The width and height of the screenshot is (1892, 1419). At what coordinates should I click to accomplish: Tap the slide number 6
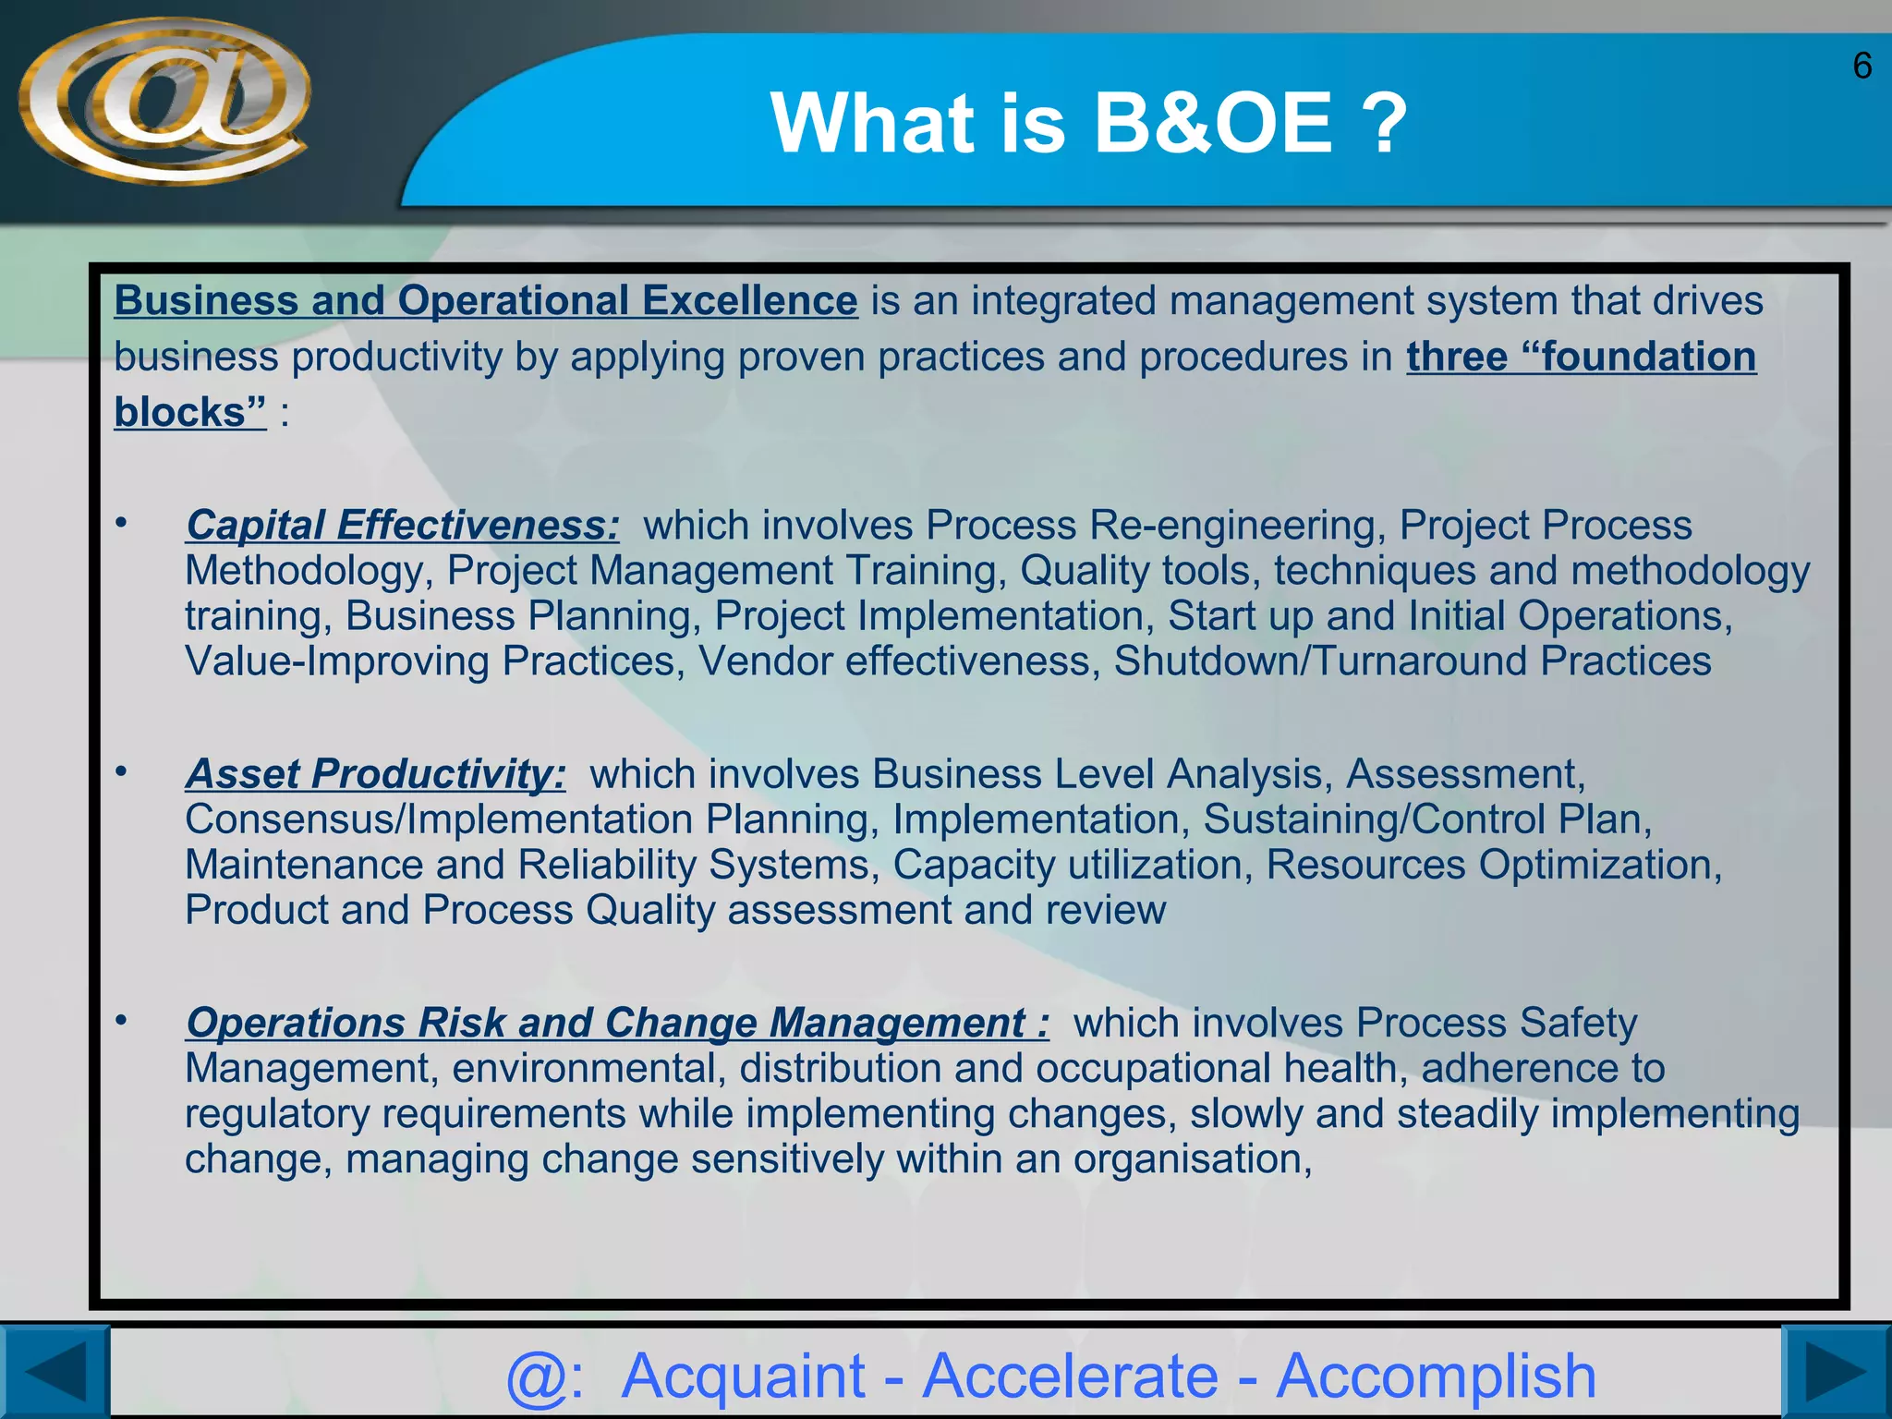pyautogui.click(x=1862, y=67)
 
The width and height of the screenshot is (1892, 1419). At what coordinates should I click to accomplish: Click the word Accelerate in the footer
pyautogui.click(x=1071, y=1376)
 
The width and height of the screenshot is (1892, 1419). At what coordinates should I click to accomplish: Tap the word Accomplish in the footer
pyautogui.click(x=1436, y=1376)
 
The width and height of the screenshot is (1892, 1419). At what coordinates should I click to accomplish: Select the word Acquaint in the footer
pyautogui.click(x=743, y=1376)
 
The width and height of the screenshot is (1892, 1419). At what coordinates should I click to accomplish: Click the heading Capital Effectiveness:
pyautogui.click(x=402, y=526)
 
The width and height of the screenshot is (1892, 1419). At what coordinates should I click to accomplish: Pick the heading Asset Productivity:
pyautogui.click(x=375, y=774)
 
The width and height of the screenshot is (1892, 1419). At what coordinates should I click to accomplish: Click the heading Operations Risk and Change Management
pyautogui.click(x=616, y=1023)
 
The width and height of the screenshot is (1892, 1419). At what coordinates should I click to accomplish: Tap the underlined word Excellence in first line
pyautogui.click(x=749, y=301)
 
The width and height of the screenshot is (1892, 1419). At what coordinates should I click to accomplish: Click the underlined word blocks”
pyautogui.click(x=189, y=413)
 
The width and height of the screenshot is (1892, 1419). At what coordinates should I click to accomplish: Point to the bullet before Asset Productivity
pyautogui.click(x=121, y=770)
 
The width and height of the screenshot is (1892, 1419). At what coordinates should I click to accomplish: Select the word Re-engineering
pyautogui.click(x=1237, y=526)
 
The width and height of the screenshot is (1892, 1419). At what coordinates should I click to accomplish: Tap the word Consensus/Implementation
pyautogui.click(x=438, y=820)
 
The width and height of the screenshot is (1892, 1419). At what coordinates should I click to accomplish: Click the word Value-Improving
pyautogui.click(x=337, y=661)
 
